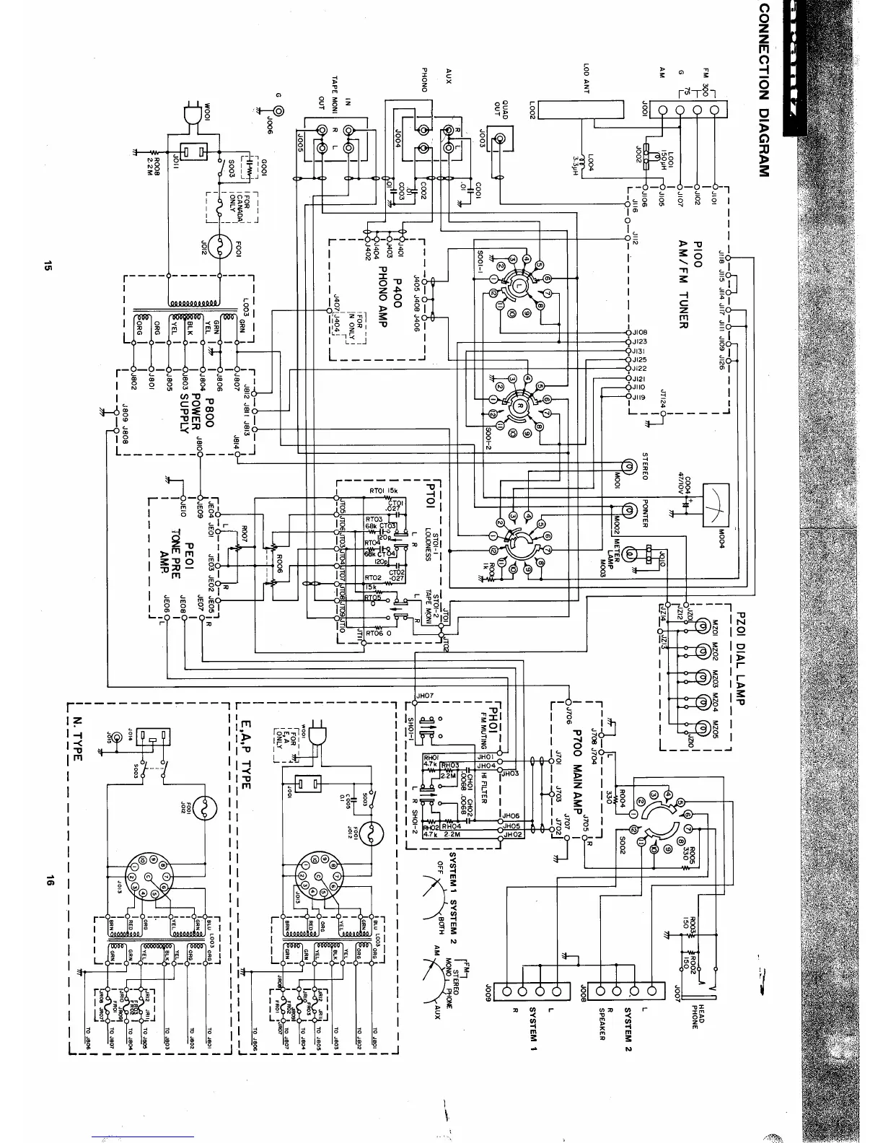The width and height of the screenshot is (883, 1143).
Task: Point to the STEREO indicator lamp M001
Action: coord(628,468)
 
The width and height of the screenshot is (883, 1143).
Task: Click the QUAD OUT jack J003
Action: coord(498,137)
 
